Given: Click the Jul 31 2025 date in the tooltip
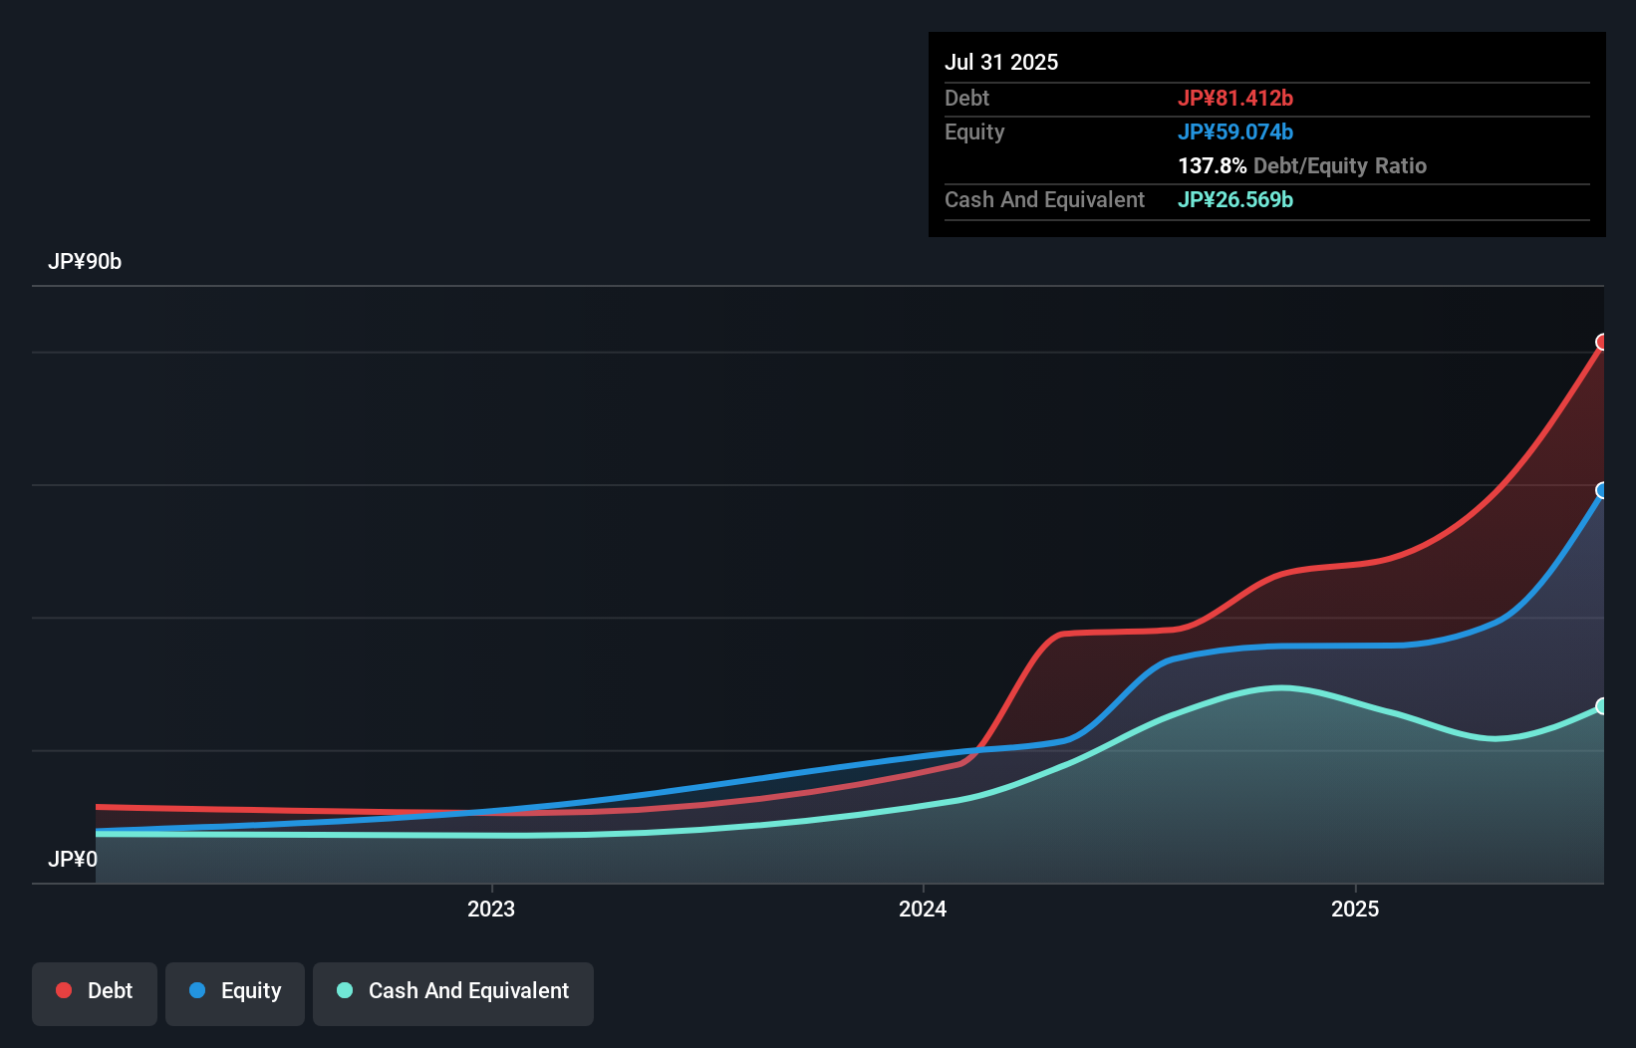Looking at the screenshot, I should [x=1000, y=62].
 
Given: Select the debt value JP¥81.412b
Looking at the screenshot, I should [x=1234, y=98].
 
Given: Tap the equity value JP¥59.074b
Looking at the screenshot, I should [x=1234, y=131].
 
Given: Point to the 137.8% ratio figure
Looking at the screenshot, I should [x=1212, y=165].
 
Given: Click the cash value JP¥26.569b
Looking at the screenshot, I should [x=1234, y=199].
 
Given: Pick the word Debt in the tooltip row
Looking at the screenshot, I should [x=966, y=98].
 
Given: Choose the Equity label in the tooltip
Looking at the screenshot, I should [x=973, y=131].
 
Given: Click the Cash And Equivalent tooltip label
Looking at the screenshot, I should [x=1044, y=199].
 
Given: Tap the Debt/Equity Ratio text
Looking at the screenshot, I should [x=1339, y=165].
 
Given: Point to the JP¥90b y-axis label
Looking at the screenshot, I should [x=85, y=261].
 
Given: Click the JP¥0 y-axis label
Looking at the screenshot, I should [x=73, y=859].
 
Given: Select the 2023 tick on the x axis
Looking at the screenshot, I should [x=491, y=909].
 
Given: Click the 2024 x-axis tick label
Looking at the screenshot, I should [x=923, y=909].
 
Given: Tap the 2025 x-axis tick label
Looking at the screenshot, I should [x=1355, y=909].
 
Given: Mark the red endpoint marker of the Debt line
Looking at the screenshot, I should [x=1602, y=342].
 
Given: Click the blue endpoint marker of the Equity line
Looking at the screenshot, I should [x=1602, y=490].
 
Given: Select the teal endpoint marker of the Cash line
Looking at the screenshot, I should [x=1602, y=705].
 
